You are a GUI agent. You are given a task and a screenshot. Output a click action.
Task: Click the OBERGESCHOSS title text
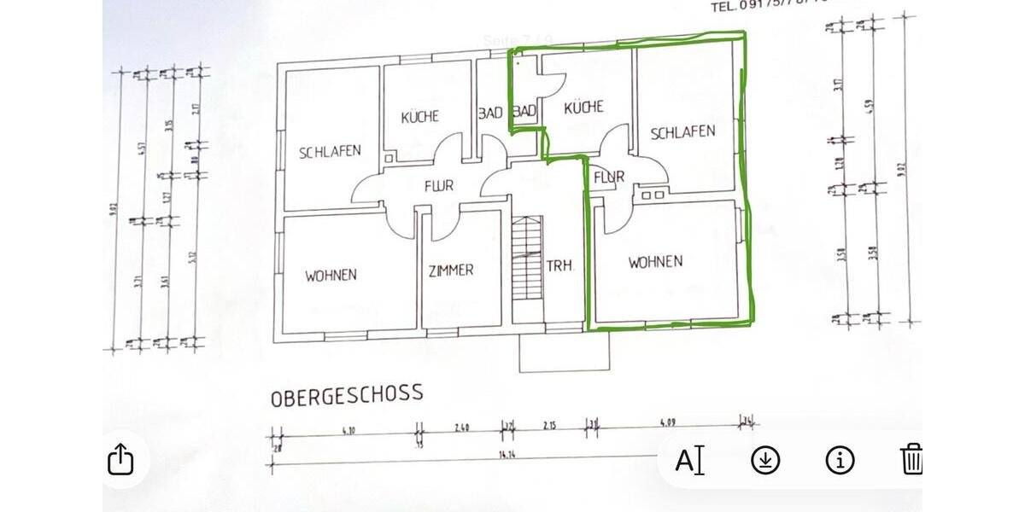(347, 395)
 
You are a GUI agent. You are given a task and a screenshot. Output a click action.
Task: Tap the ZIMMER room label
(450, 270)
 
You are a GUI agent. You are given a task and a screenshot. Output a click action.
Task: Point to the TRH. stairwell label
(559, 266)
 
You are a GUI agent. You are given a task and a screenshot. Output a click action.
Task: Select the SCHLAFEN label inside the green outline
(682, 132)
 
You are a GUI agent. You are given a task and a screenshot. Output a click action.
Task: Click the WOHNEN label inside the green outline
(655, 262)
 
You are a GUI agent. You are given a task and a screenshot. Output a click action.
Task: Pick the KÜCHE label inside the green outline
(584, 107)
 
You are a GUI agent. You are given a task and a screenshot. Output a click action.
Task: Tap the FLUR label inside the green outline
(609, 177)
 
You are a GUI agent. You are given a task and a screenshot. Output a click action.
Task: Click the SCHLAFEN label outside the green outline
(330, 152)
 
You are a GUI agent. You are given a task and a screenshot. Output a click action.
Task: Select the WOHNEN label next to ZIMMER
(331, 275)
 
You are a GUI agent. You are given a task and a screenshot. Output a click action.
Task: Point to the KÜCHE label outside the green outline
(419, 116)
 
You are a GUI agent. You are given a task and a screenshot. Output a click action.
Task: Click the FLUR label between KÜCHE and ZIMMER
(438, 185)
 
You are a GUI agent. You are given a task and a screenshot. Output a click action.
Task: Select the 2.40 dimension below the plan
(461, 426)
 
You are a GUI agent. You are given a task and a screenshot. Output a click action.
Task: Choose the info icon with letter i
(840, 460)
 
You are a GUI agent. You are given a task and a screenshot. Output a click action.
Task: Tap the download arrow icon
(765, 460)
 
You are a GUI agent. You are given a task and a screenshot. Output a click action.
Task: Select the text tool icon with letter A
(689, 461)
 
